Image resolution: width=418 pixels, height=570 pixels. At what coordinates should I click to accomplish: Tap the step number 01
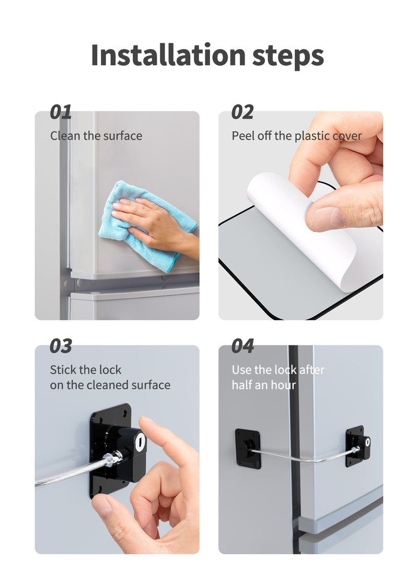[x=61, y=112]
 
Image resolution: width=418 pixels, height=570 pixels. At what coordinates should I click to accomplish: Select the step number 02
[x=242, y=112]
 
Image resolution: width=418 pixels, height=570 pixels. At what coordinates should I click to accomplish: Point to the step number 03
[x=61, y=346]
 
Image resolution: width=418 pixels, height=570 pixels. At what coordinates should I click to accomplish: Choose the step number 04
[x=242, y=346]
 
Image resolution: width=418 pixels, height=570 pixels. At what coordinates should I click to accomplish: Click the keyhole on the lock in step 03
[x=140, y=441]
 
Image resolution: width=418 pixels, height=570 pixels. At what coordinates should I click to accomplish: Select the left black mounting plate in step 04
[x=248, y=448]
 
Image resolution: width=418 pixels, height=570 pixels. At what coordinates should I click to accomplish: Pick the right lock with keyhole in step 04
[x=358, y=446]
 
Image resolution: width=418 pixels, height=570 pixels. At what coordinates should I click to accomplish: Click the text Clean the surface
[x=96, y=136]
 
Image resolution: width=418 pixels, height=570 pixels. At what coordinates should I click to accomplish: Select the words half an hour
[x=264, y=385]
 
